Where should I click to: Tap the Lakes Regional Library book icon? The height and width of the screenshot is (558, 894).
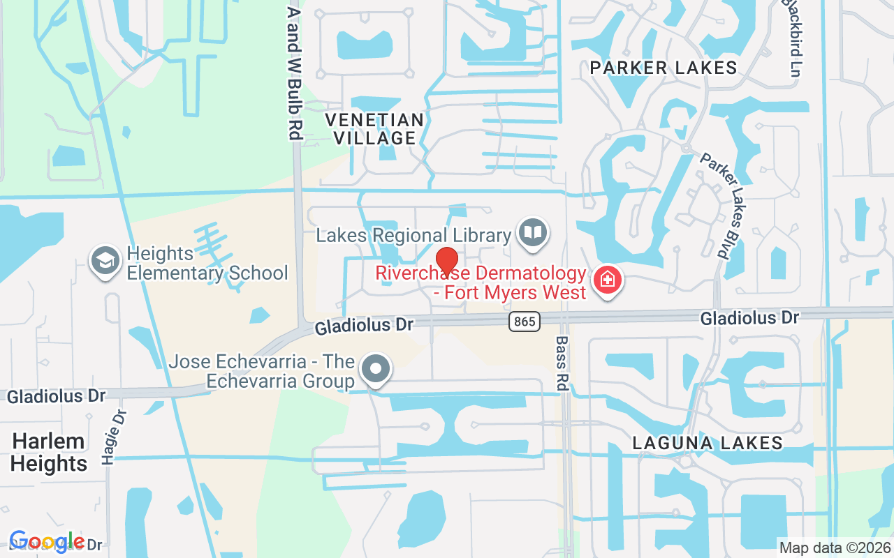click(534, 232)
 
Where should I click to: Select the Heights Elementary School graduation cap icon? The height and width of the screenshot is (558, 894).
click(105, 262)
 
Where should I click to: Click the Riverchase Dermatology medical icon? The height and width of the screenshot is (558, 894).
click(607, 280)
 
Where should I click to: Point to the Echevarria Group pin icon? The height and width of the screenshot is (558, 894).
click(376, 368)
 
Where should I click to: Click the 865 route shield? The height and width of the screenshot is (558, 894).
click(523, 322)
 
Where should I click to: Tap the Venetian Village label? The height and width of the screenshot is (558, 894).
click(375, 129)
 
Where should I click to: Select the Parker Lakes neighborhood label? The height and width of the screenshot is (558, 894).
click(664, 68)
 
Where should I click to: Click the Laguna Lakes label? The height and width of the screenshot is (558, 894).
click(708, 443)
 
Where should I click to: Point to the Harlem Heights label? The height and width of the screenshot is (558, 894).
click(49, 452)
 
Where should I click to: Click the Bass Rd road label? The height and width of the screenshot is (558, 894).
click(562, 363)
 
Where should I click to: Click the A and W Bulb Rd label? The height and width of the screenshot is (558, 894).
click(295, 73)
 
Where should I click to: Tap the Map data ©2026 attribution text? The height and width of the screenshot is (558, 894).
click(835, 548)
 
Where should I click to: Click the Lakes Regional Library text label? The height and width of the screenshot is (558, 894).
click(413, 235)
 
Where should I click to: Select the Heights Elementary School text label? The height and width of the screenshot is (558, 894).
click(207, 263)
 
